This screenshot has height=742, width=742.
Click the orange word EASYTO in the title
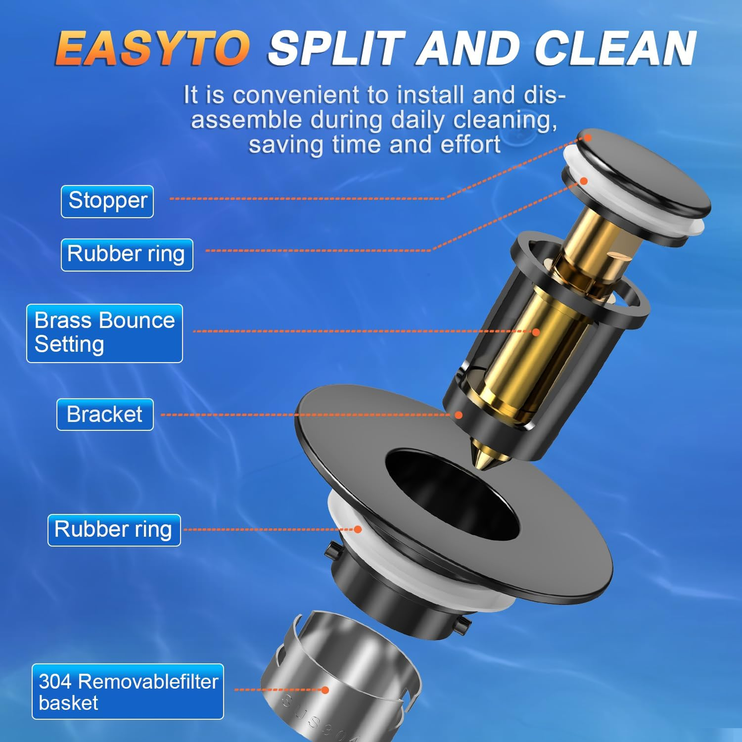point(153,49)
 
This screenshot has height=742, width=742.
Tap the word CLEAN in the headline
point(615,49)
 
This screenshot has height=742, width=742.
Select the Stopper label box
point(107,201)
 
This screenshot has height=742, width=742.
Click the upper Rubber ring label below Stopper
point(127,255)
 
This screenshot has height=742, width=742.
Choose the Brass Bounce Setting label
point(105,333)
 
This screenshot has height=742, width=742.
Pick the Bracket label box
point(105,414)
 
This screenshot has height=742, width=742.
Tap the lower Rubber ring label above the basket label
point(114,530)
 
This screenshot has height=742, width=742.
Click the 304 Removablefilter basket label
point(128,691)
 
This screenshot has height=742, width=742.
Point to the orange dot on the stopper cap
point(588,138)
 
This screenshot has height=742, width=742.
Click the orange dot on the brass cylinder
point(536,332)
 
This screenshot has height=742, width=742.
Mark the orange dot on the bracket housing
point(459,415)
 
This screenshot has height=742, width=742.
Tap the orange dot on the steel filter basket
point(325,690)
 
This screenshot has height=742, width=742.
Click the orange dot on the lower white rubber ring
point(358,529)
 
